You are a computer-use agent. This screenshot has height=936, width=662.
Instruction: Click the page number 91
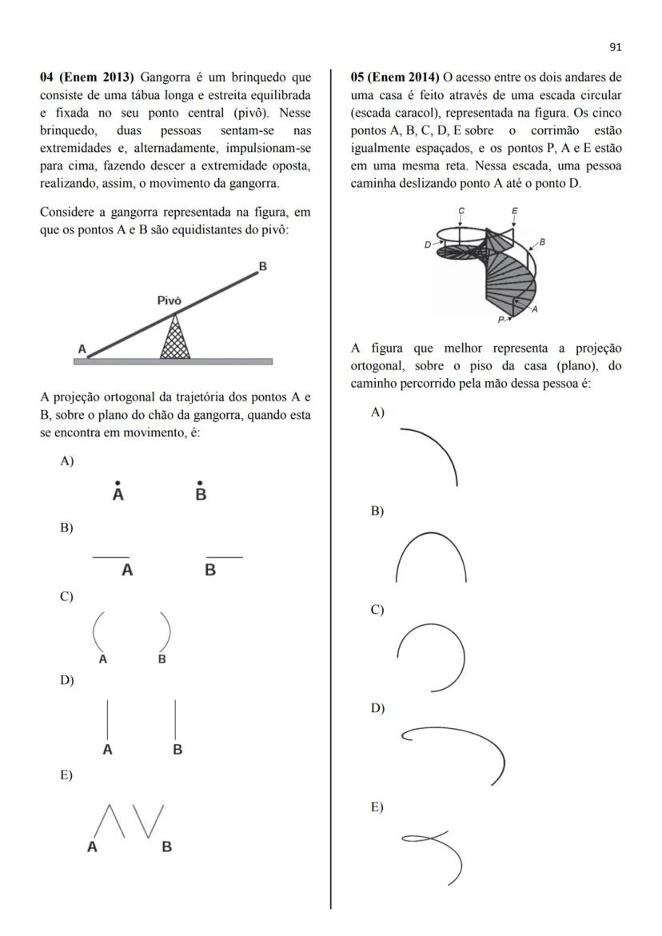coord(615,47)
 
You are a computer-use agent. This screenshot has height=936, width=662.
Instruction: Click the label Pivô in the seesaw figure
coord(169,301)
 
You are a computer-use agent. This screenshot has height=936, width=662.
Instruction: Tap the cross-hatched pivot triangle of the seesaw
coord(175,341)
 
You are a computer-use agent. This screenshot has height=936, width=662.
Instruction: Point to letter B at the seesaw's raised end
coord(262,267)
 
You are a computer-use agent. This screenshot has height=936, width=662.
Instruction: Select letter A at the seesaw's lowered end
coord(81,349)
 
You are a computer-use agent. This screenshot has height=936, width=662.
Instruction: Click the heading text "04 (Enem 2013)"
coord(89,78)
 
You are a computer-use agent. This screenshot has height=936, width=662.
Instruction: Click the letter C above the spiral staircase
coord(461,210)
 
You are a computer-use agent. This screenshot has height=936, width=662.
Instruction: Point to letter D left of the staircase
coord(428,245)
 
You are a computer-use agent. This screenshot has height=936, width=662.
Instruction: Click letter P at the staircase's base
coord(500,319)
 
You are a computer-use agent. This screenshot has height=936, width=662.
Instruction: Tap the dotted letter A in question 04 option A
coord(118,493)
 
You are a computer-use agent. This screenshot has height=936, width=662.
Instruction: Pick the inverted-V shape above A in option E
coord(110,822)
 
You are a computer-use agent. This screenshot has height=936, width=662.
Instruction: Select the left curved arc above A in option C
coord(96,631)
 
